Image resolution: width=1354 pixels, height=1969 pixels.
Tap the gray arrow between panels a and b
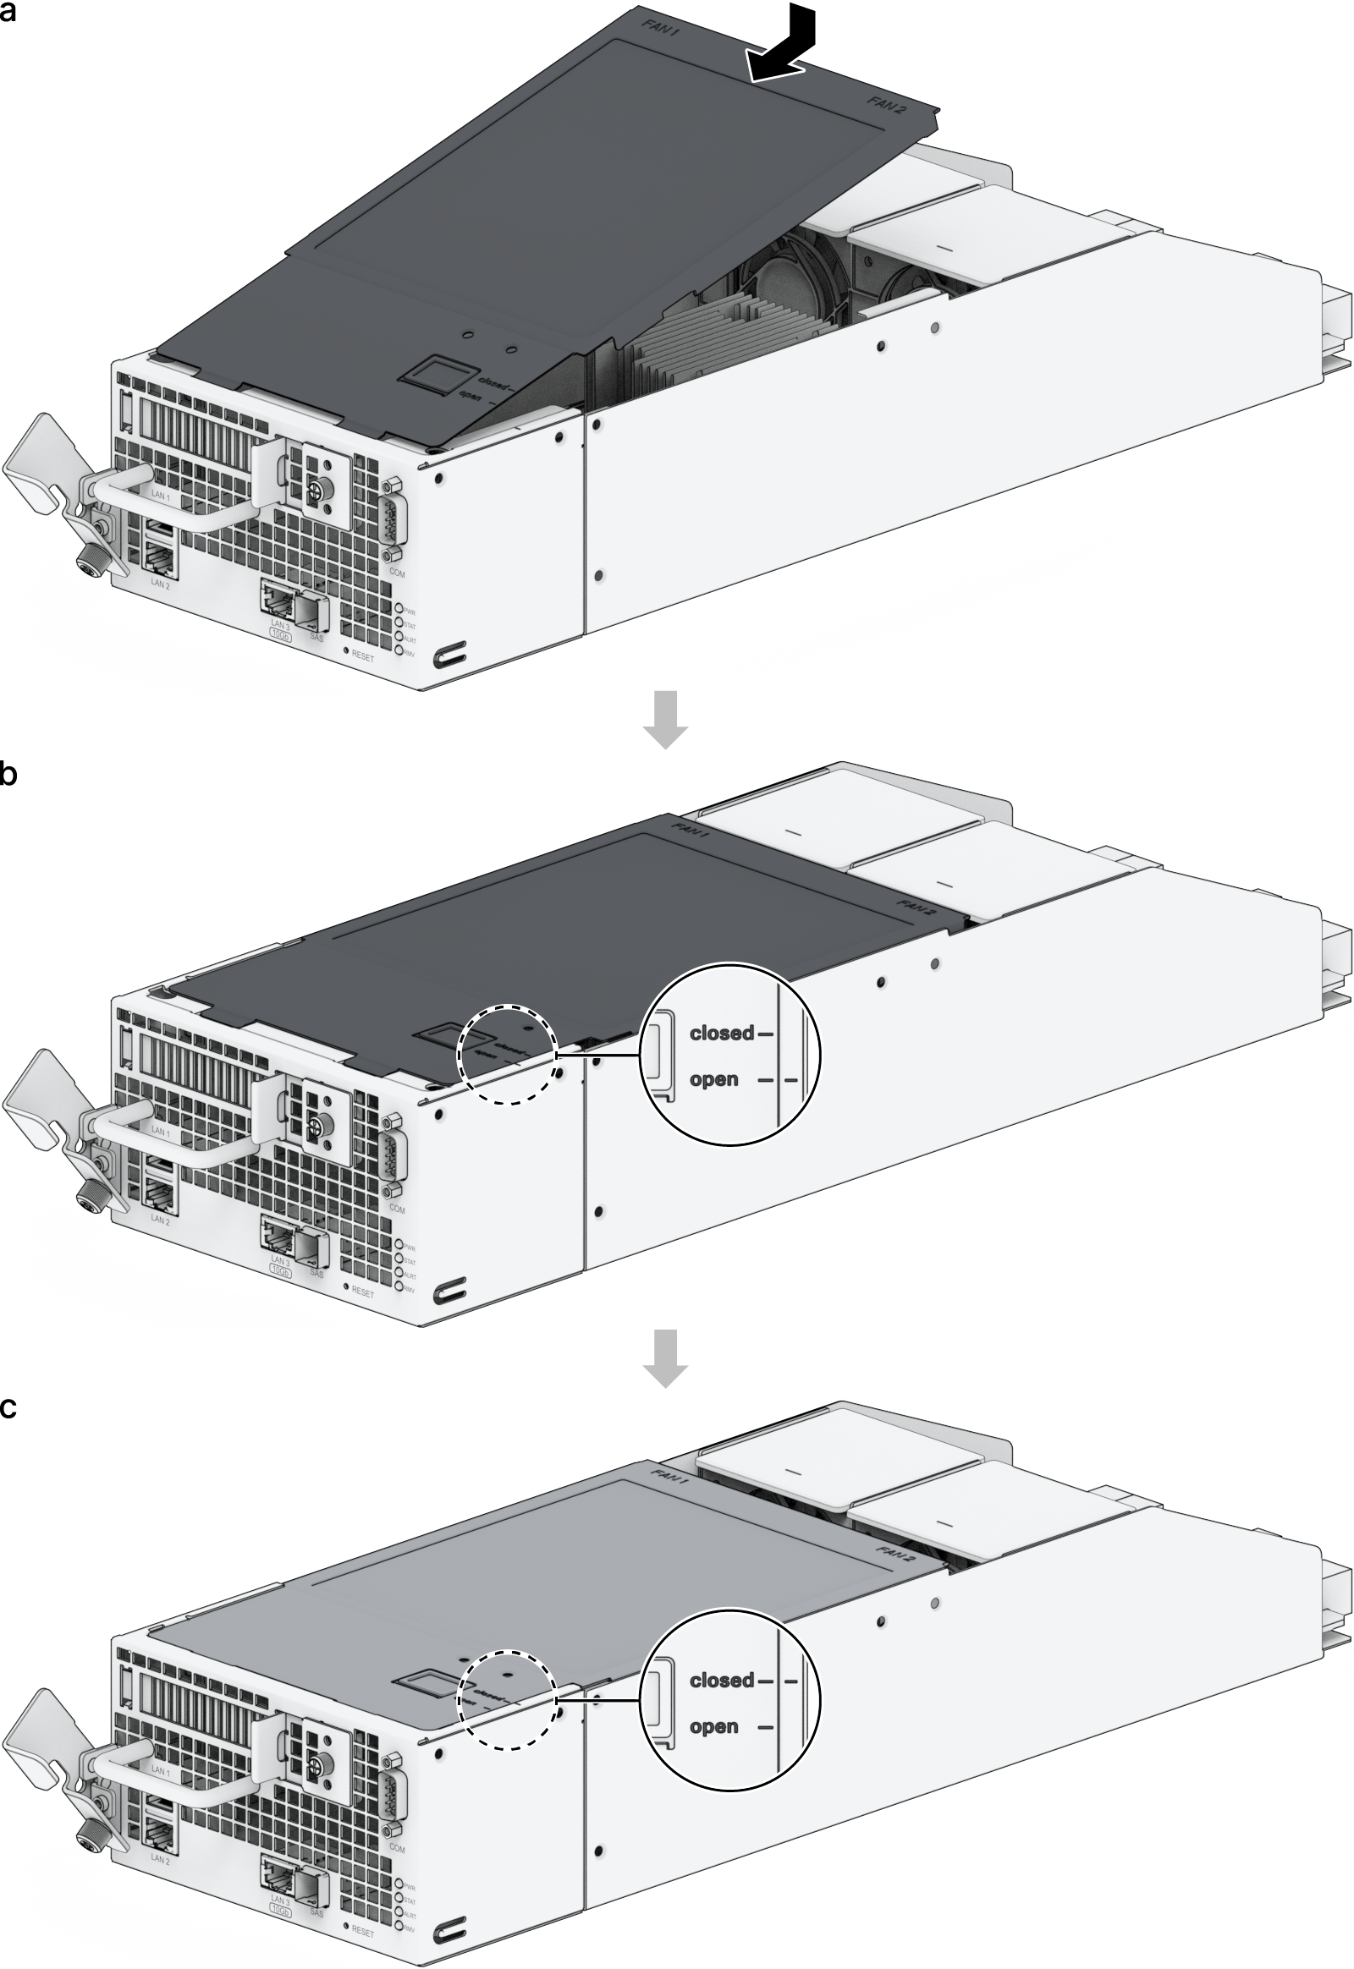(x=666, y=719)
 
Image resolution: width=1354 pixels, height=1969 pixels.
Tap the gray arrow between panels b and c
(x=666, y=1357)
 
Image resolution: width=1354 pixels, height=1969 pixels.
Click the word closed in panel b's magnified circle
(x=721, y=1033)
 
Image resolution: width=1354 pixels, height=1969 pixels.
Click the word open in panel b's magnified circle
(x=713, y=1079)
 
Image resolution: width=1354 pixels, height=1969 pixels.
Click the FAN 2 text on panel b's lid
(x=916, y=907)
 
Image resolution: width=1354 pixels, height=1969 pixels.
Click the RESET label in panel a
(x=362, y=657)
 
